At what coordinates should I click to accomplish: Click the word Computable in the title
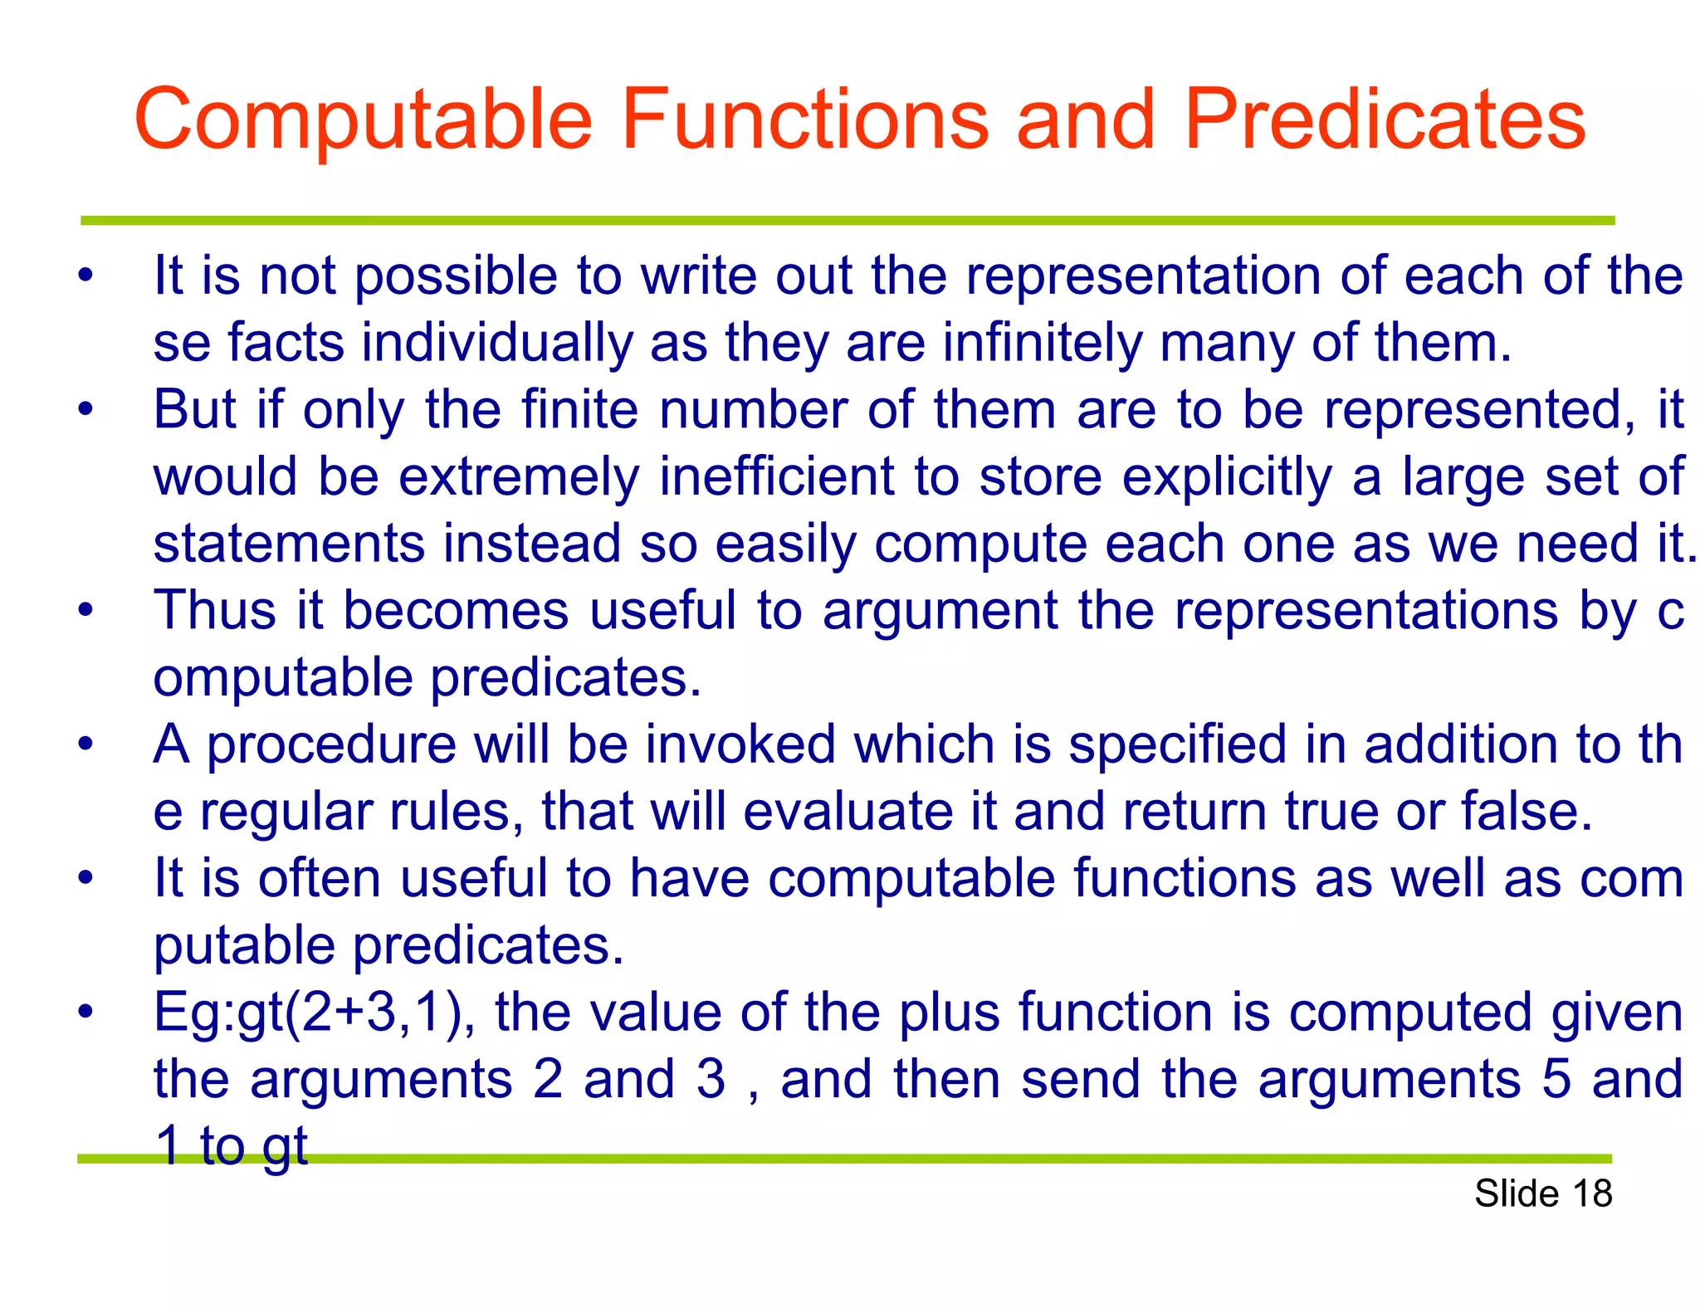(363, 120)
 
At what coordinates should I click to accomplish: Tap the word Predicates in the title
(1385, 120)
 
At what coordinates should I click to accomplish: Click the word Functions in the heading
(804, 120)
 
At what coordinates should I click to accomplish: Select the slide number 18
(1591, 1193)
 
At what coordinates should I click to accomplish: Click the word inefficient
(777, 477)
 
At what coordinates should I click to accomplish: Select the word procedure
(330, 745)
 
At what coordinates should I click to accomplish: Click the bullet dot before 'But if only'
(85, 409)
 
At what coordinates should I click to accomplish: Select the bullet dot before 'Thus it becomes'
(85, 610)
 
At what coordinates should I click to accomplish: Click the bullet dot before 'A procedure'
(85, 744)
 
